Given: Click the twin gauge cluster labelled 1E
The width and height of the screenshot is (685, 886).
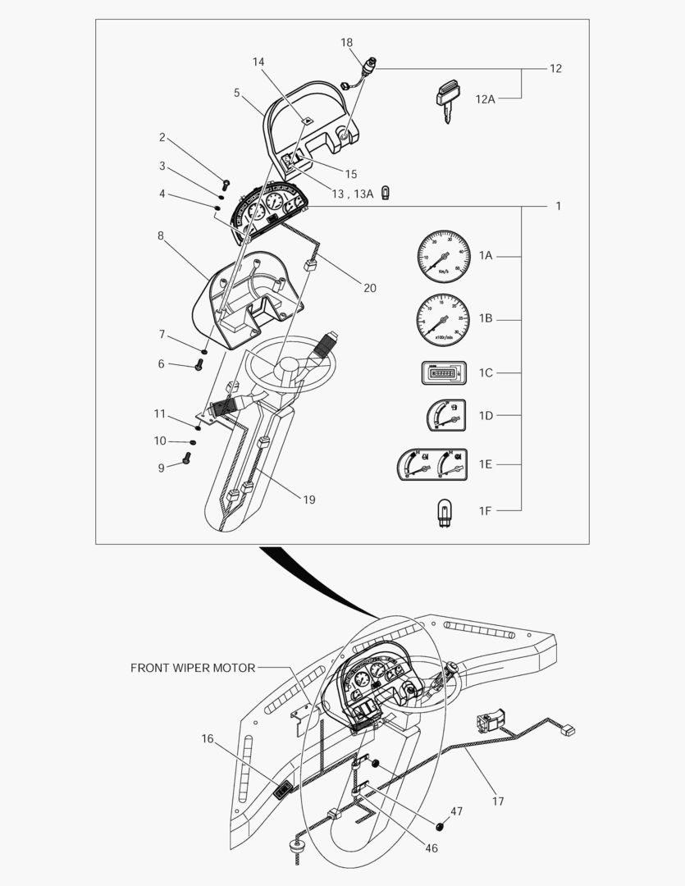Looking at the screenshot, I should (432, 464).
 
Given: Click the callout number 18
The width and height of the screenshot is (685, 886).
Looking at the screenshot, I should (347, 43).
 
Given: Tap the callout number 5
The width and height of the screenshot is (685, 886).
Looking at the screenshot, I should (237, 93).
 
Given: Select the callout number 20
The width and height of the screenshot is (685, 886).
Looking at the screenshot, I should (370, 288).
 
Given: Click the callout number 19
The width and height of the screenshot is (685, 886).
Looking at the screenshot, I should (309, 499).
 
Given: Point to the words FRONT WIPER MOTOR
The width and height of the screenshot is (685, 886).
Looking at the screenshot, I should (193, 668).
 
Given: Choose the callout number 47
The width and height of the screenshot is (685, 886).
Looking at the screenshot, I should (456, 811).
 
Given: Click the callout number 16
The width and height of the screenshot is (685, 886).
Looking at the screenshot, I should (208, 739).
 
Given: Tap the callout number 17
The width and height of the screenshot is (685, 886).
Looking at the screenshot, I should (498, 801).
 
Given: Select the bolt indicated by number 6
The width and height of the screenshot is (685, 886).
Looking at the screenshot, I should (198, 366).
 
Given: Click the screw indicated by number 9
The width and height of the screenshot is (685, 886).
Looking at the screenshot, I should (186, 462).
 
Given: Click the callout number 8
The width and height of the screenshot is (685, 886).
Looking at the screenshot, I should (161, 235).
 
